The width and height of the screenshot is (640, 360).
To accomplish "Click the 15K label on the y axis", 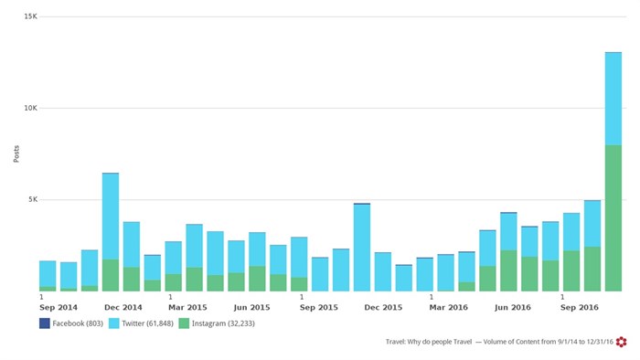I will tap(30, 16).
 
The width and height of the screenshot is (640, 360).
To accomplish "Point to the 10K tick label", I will tap(30, 108).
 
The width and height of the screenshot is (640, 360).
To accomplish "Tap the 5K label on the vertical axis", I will tap(32, 199).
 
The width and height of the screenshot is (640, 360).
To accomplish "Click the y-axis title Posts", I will tap(16, 154).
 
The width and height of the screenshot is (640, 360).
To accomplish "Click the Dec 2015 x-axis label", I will tap(383, 307).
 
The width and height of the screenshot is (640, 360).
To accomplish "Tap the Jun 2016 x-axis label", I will tap(514, 307).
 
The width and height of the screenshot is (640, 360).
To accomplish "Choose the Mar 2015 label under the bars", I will tap(188, 307).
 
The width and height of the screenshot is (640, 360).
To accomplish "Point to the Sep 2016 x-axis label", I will tap(579, 307).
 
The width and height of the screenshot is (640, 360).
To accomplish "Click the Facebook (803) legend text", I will tap(78, 323).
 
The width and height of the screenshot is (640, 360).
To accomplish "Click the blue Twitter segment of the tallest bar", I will tap(613, 99).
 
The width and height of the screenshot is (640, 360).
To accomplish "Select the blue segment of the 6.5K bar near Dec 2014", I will tap(111, 216).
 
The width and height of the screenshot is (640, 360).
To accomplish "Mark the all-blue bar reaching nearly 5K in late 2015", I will tap(362, 247).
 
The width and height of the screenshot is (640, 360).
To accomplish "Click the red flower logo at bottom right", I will tap(621, 342).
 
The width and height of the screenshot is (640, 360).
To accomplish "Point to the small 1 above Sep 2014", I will tap(41, 296).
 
